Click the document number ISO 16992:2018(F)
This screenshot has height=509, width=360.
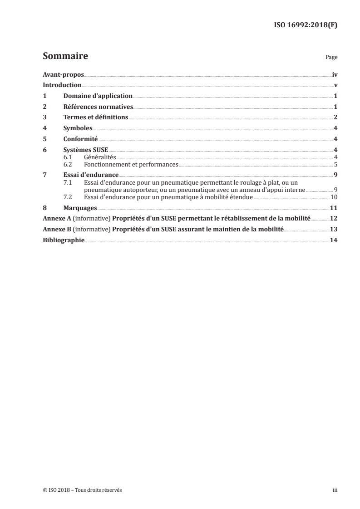coord(307,25)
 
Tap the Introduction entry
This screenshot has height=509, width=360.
coord(62,85)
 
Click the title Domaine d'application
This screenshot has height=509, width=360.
coord(98,96)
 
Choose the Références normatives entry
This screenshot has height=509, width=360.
coord(98,107)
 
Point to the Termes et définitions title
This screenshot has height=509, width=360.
coord(96,117)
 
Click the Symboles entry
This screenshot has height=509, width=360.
coord(78,128)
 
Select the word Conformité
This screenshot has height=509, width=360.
coord(81,139)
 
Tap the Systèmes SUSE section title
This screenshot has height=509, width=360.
coord(86,150)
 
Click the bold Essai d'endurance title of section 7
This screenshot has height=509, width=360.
coord(91,175)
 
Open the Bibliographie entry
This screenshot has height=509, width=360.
coord(64,240)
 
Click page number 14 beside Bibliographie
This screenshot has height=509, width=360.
coord(334,240)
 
